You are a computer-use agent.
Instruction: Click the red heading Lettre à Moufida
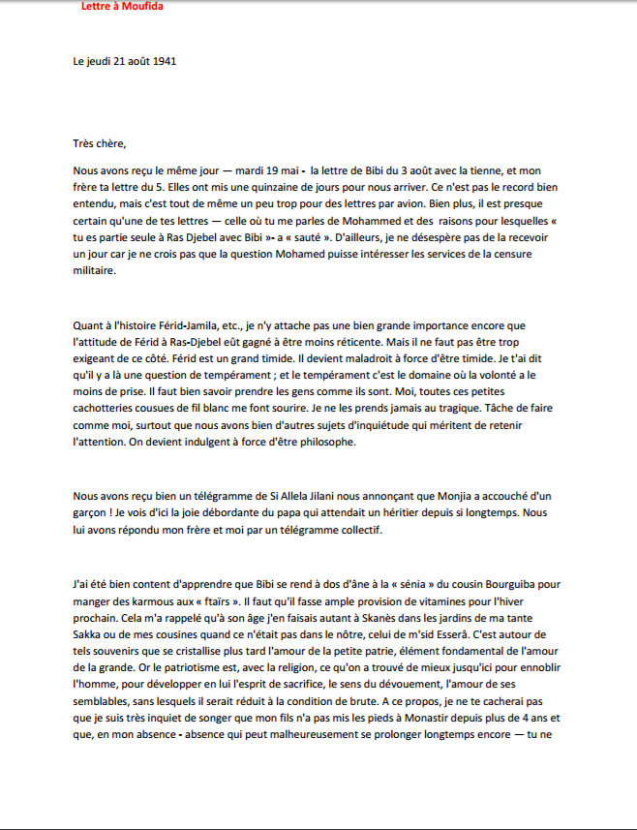tap(121, 7)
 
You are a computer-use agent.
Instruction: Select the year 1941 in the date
tap(162, 61)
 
